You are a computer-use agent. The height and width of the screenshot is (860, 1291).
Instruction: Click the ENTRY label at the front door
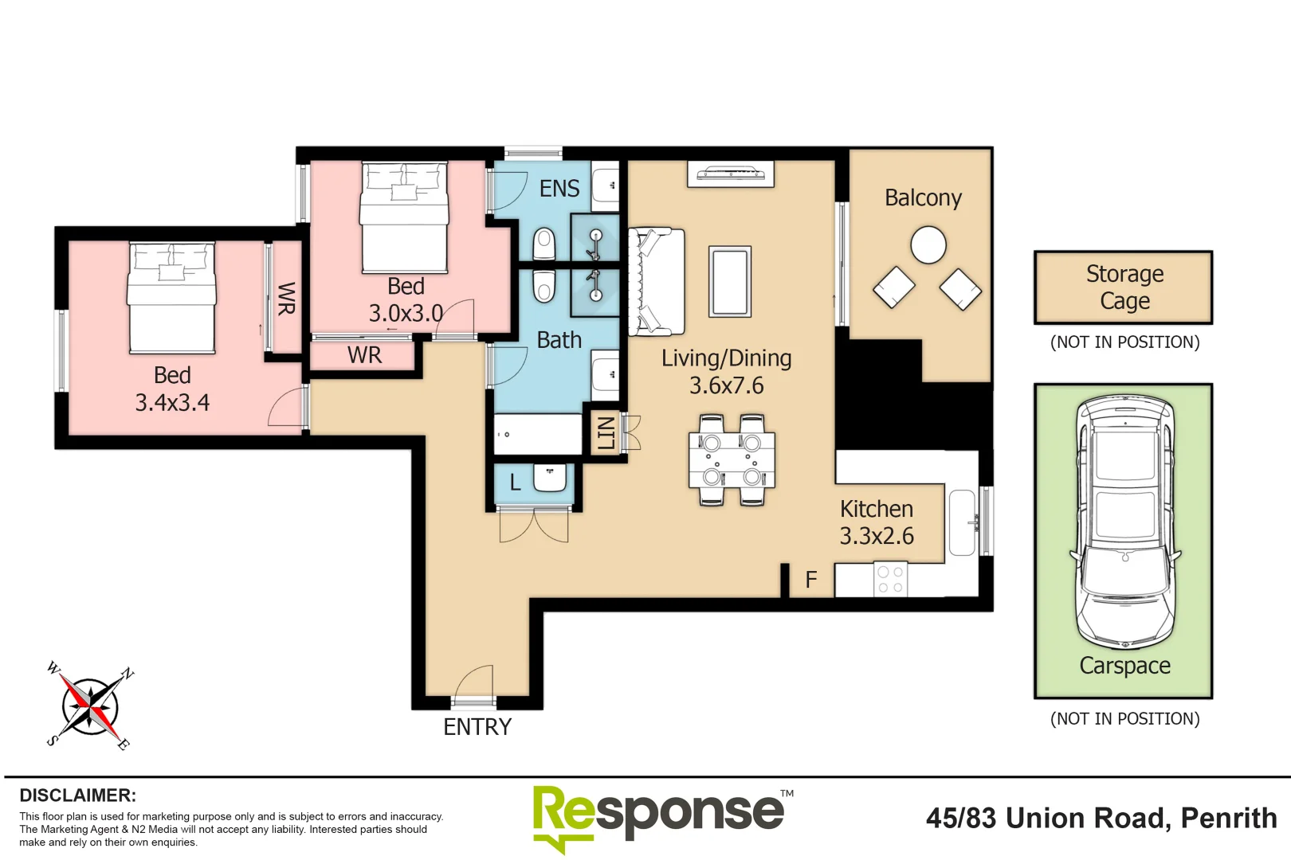(x=477, y=727)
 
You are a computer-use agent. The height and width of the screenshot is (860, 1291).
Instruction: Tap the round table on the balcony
(x=928, y=244)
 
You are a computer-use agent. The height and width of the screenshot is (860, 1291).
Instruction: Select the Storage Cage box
(x=1124, y=287)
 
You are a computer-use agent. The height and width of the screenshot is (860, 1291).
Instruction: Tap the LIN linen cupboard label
(x=606, y=432)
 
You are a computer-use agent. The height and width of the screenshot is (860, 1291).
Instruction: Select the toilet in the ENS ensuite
(x=544, y=244)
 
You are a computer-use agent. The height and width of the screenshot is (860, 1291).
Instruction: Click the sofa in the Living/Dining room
(x=656, y=282)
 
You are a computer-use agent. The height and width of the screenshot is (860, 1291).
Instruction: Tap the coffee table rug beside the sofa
(x=730, y=282)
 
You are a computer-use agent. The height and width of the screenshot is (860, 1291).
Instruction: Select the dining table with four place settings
(x=732, y=459)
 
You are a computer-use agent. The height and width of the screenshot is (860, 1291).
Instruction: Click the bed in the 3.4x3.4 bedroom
(x=172, y=299)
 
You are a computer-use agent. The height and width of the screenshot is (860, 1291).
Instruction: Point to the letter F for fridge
(x=810, y=580)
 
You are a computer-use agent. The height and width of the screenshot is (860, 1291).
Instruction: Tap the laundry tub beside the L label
(x=550, y=478)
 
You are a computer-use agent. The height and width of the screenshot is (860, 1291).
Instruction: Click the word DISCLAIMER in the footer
(x=77, y=795)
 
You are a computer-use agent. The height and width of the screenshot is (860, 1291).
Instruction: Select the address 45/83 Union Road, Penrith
(x=1101, y=819)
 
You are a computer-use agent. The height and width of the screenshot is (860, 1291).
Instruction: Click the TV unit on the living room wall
(x=731, y=173)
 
